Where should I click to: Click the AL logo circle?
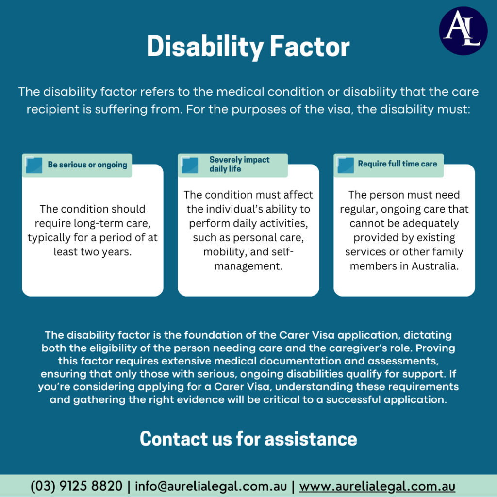(x=463, y=31)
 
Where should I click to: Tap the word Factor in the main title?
(x=310, y=47)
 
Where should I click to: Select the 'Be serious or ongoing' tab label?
(x=87, y=165)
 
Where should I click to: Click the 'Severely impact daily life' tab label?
(x=239, y=164)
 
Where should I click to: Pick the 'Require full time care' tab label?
(x=398, y=164)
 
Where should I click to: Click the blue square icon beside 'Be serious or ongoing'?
(x=33, y=165)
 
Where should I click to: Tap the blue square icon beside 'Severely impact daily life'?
(x=190, y=165)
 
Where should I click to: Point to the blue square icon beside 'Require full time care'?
(x=345, y=165)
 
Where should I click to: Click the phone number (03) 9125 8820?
(x=76, y=486)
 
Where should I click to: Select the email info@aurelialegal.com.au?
(x=211, y=486)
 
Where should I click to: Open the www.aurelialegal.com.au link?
(x=377, y=486)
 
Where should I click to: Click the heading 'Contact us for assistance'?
(x=248, y=439)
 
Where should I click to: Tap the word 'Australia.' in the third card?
(x=435, y=266)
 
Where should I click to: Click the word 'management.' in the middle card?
(x=248, y=266)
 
